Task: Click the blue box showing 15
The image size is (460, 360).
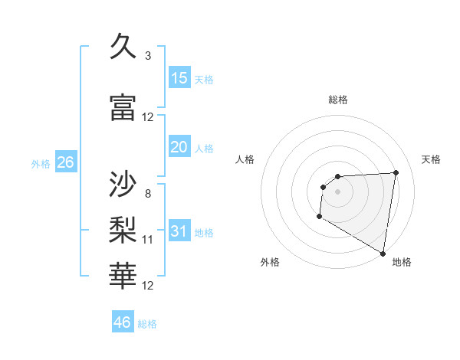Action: (x=179, y=78)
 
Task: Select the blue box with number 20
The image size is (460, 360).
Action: (x=179, y=148)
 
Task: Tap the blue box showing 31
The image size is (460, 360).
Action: (x=179, y=231)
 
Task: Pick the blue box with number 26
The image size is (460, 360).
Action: (x=65, y=162)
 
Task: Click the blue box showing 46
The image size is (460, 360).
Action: (x=123, y=322)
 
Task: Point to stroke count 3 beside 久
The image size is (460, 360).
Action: (x=148, y=56)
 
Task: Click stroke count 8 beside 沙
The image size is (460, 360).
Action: (x=148, y=193)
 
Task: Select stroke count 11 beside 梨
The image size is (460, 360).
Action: (x=148, y=240)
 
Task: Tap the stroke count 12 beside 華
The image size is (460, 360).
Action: (x=148, y=286)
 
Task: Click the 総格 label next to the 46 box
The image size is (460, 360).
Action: (x=147, y=324)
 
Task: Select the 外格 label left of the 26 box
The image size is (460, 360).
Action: (x=41, y=164)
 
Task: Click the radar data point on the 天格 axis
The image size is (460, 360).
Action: (x=396, y=172)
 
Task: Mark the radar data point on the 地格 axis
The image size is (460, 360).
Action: (x=383, y=254)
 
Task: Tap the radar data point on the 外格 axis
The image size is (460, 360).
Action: (x=319, y=217)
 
